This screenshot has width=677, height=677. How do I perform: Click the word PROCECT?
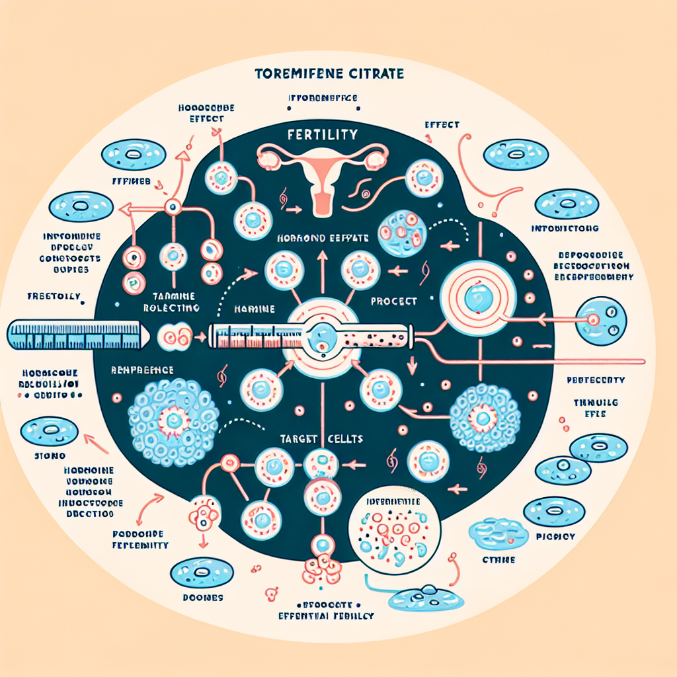coord(394,301)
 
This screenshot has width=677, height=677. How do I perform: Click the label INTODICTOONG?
coord(565,229)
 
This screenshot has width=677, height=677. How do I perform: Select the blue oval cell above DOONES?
coord(201,573)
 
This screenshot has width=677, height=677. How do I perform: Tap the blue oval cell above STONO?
coord(48,432)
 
